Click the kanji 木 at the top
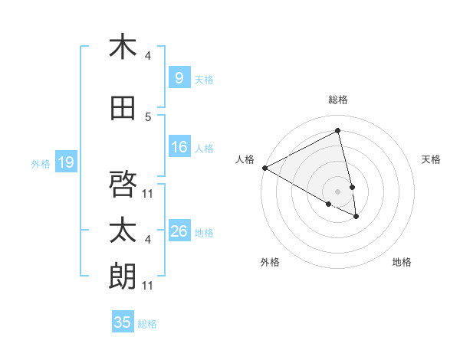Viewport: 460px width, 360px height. click(x=123, y=47)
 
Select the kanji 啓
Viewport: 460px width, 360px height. click(x=123, y=184)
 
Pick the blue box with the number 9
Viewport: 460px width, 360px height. click(x=179, y=78)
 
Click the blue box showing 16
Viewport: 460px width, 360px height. click(x=179, y=148)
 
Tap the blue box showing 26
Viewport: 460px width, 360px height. click(x=179, y=231)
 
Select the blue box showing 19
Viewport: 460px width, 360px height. click(x=65, y=162)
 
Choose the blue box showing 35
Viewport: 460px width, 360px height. click(x=123, y=322)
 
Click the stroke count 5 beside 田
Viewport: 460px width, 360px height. click(x=148, y=117)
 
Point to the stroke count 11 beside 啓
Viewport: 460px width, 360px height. click(x=148, y=193)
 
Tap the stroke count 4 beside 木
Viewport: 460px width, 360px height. click(x=148, y=56)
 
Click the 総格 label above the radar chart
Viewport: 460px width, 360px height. click(x=338, y=100)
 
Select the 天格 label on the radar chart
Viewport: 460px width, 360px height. click(x=431, y=159)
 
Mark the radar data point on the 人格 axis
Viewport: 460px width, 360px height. click(x=264, y=168)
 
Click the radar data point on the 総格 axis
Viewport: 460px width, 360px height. click(x=338, y=130)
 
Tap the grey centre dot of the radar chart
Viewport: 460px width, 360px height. click(x=338, y=190)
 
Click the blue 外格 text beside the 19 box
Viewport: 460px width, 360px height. click(x=40, y=163)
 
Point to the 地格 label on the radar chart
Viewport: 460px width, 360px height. click(x=402, y=262)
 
